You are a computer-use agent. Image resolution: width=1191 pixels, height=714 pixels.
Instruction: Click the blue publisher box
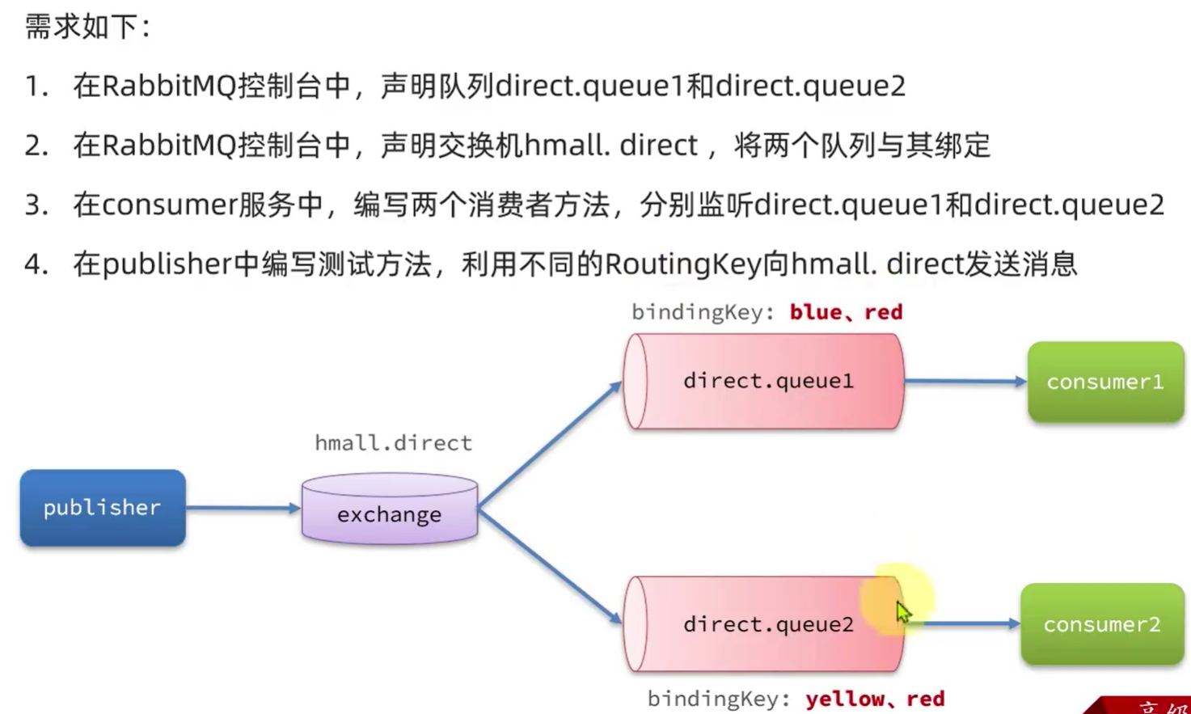point(103,508)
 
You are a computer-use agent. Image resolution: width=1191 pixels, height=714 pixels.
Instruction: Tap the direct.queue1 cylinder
point(764,381)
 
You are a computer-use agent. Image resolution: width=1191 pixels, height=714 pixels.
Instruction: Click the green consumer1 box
point(1105,382)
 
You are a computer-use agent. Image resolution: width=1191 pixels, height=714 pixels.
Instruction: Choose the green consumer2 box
point(1102,624)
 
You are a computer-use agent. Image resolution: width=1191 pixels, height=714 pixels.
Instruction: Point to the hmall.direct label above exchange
point(393,443)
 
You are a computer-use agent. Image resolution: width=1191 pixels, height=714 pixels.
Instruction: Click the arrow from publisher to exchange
point(243,508)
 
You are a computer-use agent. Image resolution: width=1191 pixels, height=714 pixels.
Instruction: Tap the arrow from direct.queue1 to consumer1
point(965,381)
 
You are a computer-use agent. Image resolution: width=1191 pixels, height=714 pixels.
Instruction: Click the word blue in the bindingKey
point(815,312)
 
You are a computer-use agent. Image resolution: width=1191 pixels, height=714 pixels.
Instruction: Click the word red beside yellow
point(925,699)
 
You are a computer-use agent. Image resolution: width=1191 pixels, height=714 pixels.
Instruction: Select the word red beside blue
point(883,312)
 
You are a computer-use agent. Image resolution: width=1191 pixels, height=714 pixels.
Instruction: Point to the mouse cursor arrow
point(902,611)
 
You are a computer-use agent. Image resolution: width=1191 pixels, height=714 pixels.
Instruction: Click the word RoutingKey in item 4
point(683,264)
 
